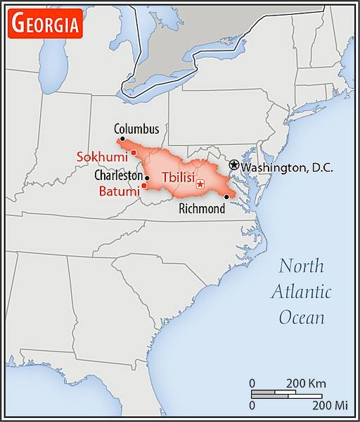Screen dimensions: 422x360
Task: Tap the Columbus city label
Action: (136, 129)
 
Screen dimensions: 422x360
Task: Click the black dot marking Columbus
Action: (122, 139)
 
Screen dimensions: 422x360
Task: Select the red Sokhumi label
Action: (103, 155)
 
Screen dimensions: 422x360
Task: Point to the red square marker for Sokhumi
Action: (133, 153)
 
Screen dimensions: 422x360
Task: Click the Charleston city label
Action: (118, 176)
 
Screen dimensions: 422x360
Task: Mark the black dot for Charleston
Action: (146, 178)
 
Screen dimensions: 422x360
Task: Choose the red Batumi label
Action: (118, 191)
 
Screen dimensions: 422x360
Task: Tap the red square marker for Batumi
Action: (144, 186)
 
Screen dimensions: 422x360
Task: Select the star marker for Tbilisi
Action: (200, 184)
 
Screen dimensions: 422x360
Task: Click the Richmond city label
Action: (202, 208)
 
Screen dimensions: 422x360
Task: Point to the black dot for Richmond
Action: (226, 197)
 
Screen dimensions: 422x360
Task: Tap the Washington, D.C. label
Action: (287, 167)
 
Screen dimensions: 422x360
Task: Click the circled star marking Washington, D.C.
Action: (234, 165)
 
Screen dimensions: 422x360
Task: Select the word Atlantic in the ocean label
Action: (303, 291)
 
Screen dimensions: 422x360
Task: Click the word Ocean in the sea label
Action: (302, 317)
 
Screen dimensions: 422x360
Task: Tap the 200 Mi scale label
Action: (330, 405)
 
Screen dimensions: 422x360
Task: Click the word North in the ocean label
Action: (302, 266)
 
